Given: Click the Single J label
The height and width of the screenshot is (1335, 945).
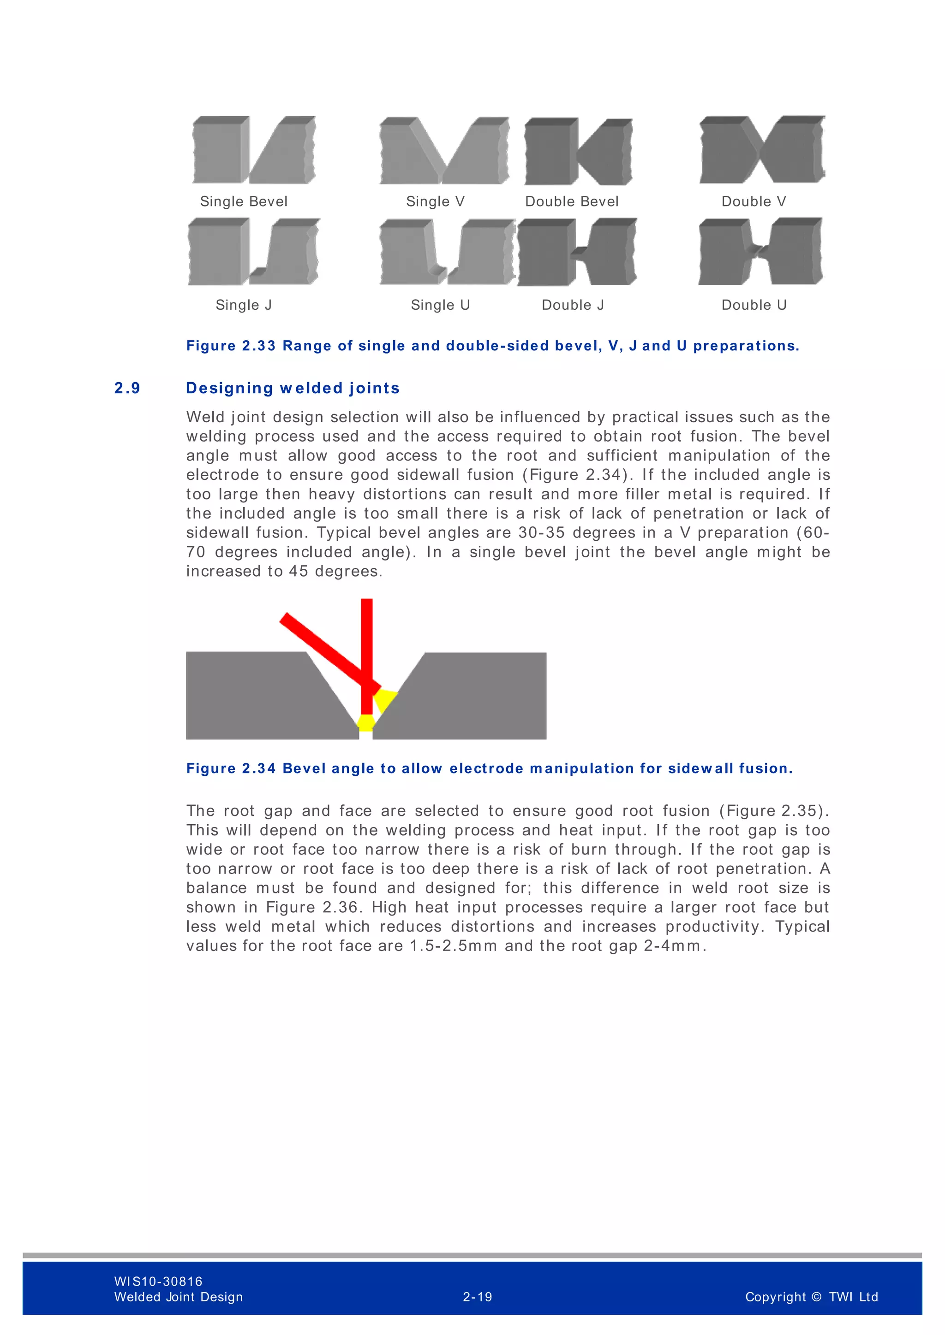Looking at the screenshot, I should [244, 305].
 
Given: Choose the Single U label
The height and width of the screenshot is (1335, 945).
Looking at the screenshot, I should [440, 305].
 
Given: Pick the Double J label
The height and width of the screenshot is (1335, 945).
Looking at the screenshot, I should [573, 305].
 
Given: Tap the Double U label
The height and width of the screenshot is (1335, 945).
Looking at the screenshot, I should [754, 305].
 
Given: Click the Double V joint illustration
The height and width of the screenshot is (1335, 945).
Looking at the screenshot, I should [762, 150].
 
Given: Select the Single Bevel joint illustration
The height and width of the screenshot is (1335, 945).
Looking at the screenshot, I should [254, 150].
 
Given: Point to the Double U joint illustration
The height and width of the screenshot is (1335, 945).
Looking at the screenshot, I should [760, 252].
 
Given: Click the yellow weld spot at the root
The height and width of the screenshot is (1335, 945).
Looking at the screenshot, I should [366, 723].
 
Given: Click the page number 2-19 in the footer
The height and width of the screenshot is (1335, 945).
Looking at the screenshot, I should [477, 1297].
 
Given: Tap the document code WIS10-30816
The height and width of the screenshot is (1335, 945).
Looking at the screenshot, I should [158, 1281].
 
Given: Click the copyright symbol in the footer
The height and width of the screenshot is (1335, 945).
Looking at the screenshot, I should [816, 1297].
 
